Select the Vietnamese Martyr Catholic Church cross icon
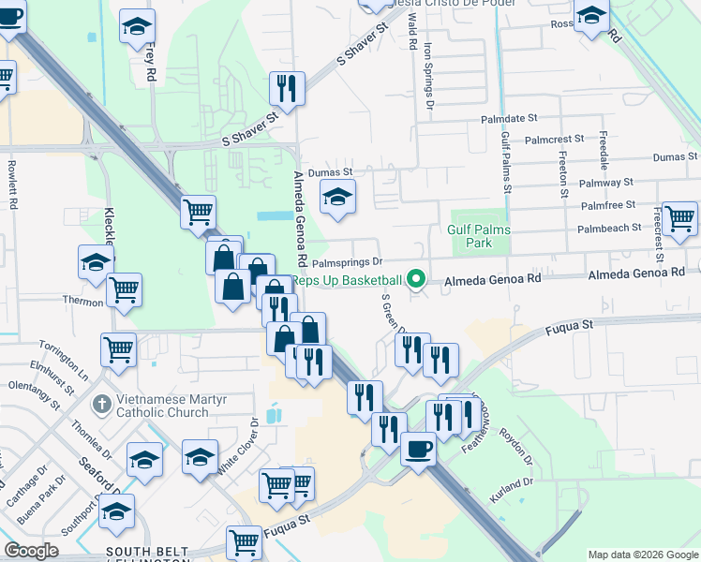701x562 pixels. click(102, 405)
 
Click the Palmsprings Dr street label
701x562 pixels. click(348, 262)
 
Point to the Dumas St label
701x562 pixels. click(333, 172)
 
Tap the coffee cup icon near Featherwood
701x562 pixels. click(418, 449)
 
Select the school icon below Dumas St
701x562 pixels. click(337, 197)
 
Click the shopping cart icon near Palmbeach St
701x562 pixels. click(679, 217)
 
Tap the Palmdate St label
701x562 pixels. click(509, 120)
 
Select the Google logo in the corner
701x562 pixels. click(31, 551)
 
